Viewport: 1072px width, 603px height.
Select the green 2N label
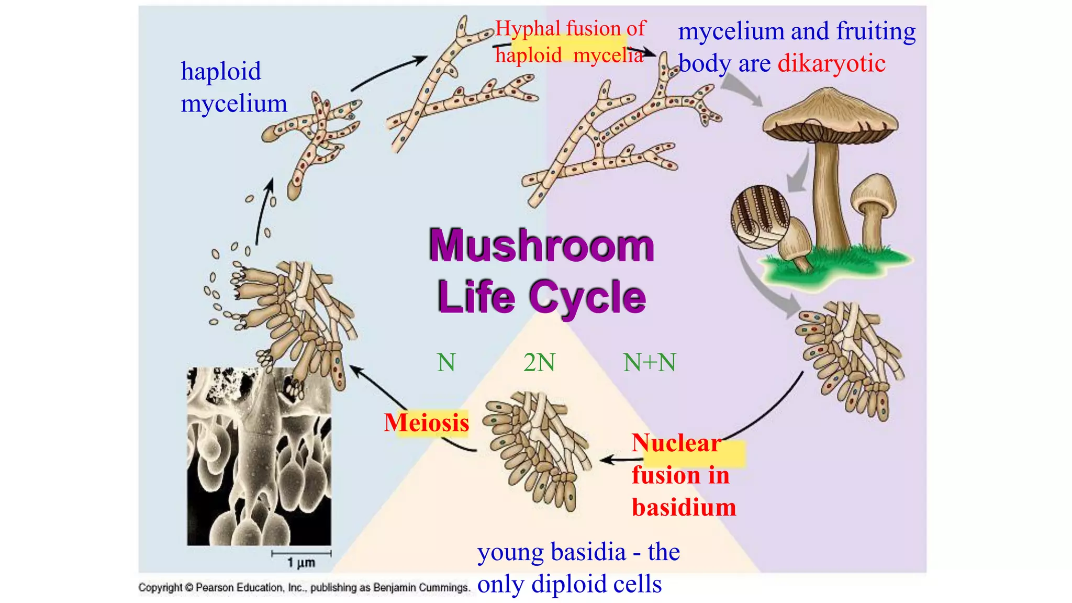tap(539, 363)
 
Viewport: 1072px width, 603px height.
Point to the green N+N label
tap(650, 363)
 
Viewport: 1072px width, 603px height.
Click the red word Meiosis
tap(426, 422)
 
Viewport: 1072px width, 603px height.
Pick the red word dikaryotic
tap(831, 63)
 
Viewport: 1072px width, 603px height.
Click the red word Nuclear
tap(676, 443)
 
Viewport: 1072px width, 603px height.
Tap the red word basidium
tap(684, 507)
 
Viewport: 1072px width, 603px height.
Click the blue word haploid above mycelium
tap(221, 71)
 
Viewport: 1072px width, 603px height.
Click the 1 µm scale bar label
tap(301, 563)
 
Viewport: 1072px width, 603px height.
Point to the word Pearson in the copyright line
tap(215, 588)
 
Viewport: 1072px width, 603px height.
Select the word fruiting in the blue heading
tap(876, 31)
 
